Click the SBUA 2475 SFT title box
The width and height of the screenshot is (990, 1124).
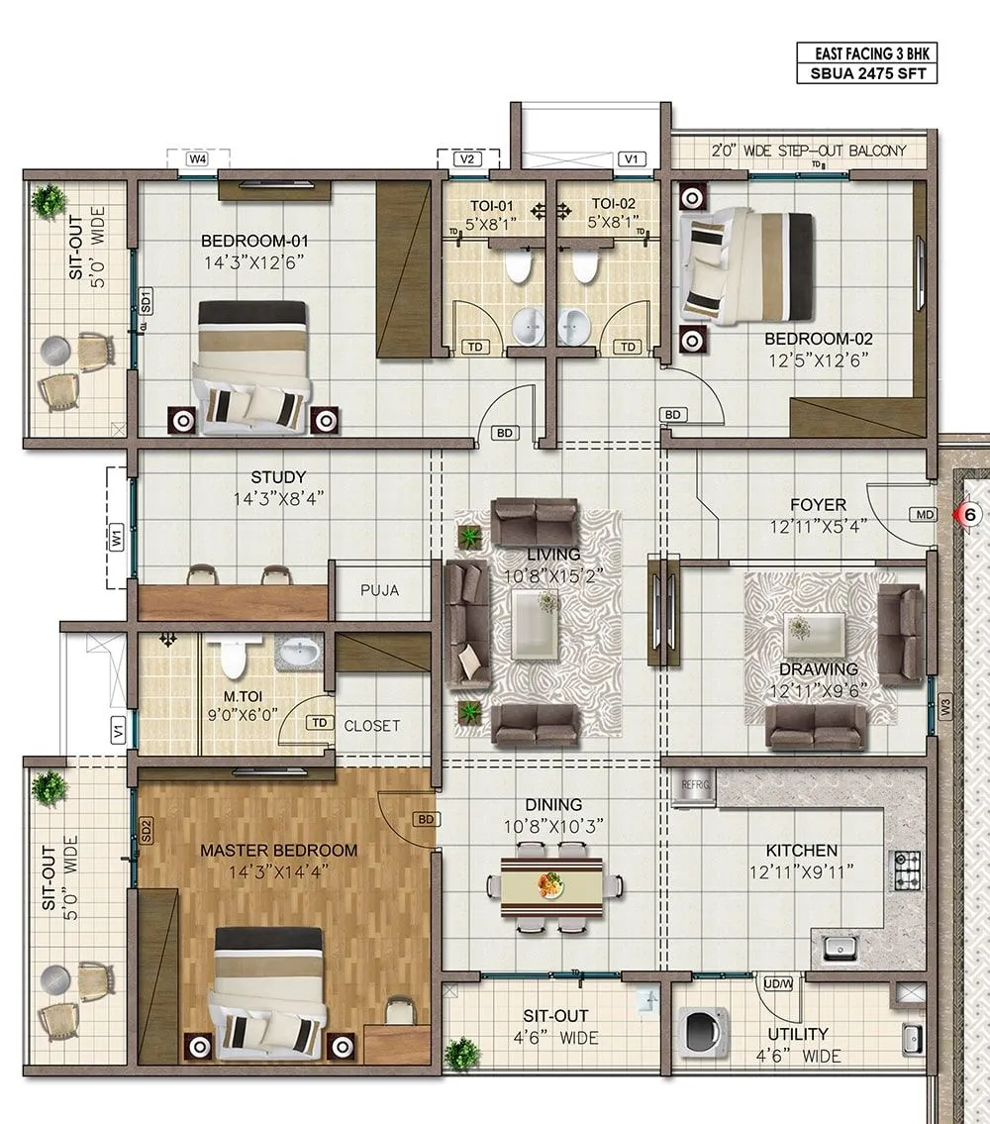[866, 73]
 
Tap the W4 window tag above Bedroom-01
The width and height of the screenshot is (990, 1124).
[198, 158]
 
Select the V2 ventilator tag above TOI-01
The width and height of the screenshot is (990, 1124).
[467, 158]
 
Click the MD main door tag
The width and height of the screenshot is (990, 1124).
[925, 515]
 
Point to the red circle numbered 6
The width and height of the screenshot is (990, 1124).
[970, 514]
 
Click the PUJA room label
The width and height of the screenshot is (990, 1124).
[380, 590]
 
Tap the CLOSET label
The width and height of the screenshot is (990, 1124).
[372, 726]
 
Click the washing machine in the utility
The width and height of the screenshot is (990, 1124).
[703, 1032]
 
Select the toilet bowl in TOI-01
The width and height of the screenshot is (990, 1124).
[518, 266]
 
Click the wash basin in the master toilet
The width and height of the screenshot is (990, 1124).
[299, 653]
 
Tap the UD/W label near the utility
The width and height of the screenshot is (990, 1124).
[778, 983]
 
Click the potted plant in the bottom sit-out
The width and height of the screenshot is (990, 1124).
[461, 1053]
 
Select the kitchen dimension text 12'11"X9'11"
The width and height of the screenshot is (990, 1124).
[802, 872]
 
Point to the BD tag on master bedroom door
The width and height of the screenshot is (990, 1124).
[426, 819]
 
